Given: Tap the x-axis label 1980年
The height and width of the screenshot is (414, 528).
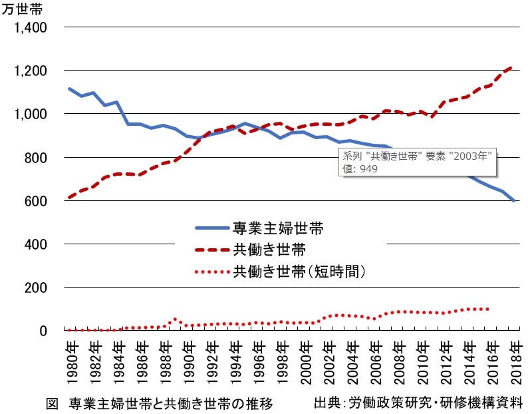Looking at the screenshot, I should point(72,359).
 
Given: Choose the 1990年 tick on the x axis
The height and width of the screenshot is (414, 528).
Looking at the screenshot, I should point(189,359).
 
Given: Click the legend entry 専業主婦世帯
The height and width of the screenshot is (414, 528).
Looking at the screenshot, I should point(277,228).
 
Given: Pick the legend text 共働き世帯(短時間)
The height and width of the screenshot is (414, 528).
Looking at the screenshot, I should point(300,271).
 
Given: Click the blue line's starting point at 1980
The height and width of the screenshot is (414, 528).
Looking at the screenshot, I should point(70,89).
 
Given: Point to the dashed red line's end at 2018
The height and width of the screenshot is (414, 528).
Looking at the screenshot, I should point(511,67).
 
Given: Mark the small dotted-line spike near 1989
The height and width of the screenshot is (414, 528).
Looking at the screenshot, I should point(175,319).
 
